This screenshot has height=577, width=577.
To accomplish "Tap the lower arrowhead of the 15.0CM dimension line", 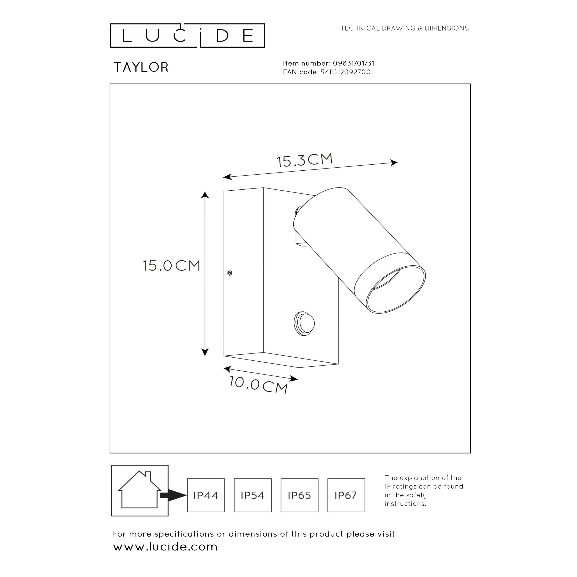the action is [205, 352].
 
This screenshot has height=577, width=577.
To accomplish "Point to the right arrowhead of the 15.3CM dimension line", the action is [394, 163].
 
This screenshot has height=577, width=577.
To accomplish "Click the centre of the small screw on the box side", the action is [230, 273].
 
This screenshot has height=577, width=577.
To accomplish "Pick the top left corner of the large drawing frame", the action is [110, 84].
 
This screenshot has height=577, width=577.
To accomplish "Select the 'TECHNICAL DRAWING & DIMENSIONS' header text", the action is [405, 28].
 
